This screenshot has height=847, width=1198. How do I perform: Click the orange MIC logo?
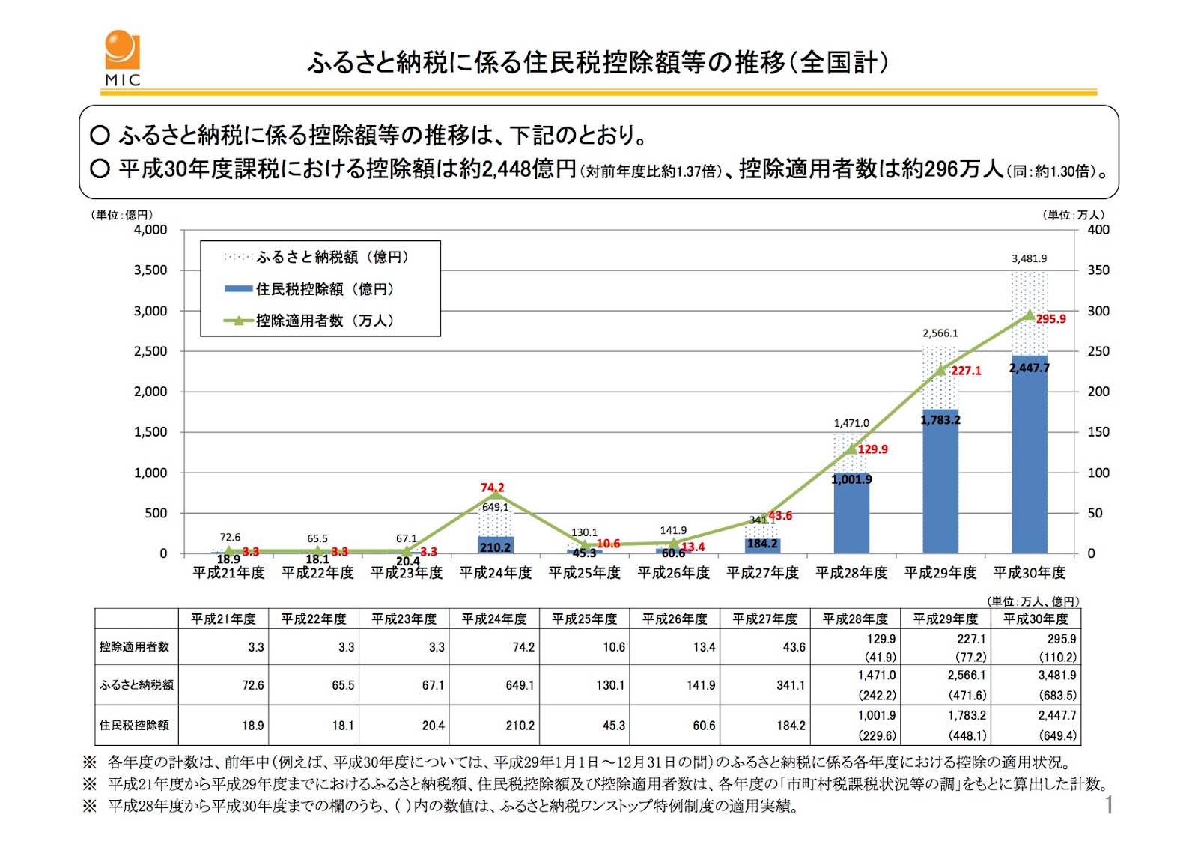click(122, 57)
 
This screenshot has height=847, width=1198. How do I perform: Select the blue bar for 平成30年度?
click(1030, 457)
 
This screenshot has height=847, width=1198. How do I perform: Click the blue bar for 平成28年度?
click(851, 517)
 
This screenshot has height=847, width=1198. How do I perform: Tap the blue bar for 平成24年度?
click(496, 544)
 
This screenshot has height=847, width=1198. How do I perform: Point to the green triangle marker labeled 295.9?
click(1030, 315)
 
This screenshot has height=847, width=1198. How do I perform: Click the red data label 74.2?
click(493, 488)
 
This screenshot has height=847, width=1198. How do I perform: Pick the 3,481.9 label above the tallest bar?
click(1030, 258)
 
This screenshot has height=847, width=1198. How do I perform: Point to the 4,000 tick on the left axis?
click(150, 230)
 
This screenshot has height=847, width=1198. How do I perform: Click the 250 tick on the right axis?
click(1098, 351)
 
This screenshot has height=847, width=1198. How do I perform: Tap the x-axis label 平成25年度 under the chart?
click(585, 573)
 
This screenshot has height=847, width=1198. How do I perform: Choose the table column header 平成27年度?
click(765, 619)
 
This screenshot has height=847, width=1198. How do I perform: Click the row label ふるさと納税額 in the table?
click(136, 684)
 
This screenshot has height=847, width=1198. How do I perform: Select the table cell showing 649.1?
click(520, 685)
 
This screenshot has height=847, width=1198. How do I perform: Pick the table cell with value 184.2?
click(791, 726)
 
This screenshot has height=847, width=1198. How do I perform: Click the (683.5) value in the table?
click(1057, 695)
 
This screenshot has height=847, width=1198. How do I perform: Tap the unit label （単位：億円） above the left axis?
click(122, 215)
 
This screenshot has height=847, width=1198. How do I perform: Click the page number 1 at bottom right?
click(1109, 805)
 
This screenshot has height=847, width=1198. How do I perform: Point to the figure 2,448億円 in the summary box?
click(517, 169)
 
